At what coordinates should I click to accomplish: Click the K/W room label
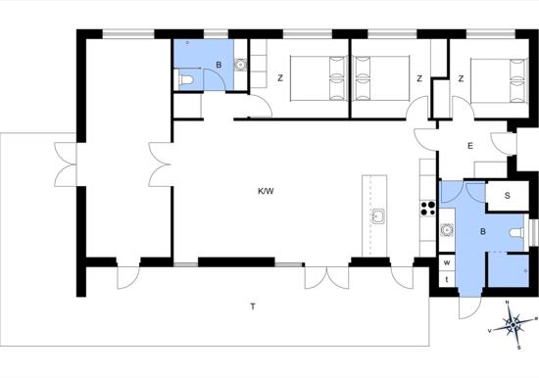tap(266, 191)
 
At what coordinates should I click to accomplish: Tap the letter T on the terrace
tap(253, 307)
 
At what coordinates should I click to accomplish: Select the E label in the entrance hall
tap(470, 146)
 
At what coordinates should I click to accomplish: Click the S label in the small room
tap(508, 196)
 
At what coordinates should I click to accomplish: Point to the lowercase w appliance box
tap(447, 263)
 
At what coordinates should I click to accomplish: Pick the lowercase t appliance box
tap(447, 279)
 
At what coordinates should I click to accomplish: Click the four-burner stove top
tap(428, 209)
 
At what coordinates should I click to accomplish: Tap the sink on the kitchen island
tap(377, 216)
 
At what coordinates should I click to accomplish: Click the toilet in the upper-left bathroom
tap(186, 80)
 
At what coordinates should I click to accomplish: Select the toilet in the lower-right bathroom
tap(516, 233)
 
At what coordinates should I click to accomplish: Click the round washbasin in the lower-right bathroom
tap(447, 229)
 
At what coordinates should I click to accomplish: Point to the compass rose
tap(513, 324)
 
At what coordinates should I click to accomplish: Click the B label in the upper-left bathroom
tap(219, 65)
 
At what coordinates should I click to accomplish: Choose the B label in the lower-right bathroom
tap(483, 232)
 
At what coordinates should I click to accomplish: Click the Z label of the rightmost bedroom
tap(461, 78)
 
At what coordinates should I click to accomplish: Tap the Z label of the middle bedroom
tap(419, 78)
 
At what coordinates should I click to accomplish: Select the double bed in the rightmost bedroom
tap(499, 80)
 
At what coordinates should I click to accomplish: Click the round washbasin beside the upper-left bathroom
tap(241, 65)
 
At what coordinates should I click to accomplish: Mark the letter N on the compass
tap(507, 303)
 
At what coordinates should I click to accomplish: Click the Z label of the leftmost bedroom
tap(280, 78)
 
